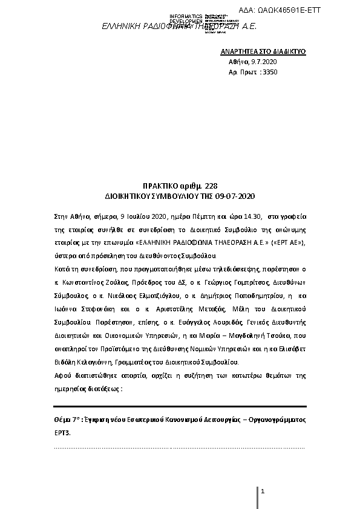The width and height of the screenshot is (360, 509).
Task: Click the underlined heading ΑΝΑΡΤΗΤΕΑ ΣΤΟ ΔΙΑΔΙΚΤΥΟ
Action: tap(263, 52)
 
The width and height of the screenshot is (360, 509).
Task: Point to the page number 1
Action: tap(263, 491)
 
